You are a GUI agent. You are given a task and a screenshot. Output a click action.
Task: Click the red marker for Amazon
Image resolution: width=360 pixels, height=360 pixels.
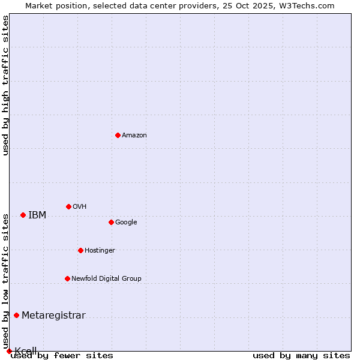pos(118,135)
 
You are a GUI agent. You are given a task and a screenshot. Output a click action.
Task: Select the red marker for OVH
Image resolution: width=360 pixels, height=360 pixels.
pos(68,206)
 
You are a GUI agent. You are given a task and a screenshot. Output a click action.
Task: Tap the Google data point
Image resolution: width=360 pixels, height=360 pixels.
pos(111,222)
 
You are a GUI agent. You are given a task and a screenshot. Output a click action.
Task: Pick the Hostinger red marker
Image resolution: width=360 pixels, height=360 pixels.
pos(80,250)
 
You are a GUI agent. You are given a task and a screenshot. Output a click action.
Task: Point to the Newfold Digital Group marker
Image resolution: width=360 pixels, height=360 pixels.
pos(67,278)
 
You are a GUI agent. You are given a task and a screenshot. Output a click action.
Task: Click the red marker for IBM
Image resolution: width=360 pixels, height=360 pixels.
pos(23,215)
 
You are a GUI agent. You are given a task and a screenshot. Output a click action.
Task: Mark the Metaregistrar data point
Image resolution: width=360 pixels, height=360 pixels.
pos(16,315)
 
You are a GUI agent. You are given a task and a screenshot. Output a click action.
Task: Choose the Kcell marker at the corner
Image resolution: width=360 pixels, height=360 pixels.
pos(9,351)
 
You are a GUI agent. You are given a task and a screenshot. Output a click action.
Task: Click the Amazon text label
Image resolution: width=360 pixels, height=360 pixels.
pos(134,136)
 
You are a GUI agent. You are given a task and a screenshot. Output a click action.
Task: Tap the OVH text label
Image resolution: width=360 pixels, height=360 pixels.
pos(80,207)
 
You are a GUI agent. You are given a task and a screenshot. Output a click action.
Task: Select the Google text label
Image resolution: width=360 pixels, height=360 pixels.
pos(126,223)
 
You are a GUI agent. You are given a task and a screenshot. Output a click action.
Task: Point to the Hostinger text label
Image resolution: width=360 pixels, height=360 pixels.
pos(100,251)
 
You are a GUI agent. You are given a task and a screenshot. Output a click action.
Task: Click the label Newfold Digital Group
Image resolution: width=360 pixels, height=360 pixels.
pos(107,279)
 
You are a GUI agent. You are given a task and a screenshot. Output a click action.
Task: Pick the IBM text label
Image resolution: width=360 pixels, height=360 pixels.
pos(37,215)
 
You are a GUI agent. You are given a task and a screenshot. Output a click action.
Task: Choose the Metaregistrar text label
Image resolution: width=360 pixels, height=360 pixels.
pos(53,316)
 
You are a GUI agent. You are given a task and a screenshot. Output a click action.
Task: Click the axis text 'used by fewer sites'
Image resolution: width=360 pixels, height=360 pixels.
pos(62,355)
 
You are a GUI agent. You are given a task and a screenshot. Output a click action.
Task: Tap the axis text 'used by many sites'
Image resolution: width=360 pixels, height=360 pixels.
pos(301,355)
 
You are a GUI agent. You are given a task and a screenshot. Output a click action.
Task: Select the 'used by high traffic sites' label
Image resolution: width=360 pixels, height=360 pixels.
pos(5,85)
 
